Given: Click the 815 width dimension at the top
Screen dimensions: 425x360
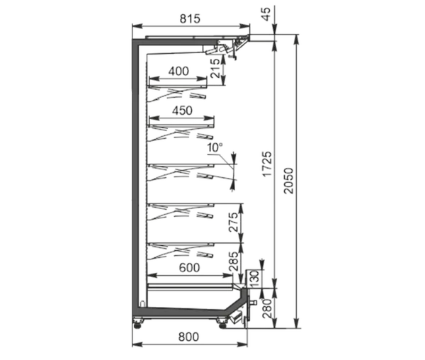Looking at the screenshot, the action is point(190,18).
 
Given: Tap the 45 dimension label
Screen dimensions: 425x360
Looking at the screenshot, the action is point(266,14).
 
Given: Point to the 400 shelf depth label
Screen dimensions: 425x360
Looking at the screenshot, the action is point(178,72).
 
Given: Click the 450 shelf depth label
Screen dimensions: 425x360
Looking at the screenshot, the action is point(183,111).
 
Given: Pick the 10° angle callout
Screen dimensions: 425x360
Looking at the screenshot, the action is point(215,147).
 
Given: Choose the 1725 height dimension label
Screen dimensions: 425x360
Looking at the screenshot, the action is point(267,164).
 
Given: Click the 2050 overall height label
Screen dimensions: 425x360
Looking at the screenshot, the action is point(289,181).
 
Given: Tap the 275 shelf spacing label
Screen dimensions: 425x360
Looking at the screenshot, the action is point(233,223).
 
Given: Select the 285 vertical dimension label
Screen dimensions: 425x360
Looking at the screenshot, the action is point(233,261).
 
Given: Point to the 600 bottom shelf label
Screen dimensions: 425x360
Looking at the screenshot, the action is point(189,268).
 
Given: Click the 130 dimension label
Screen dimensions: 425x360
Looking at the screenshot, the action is point(255,279).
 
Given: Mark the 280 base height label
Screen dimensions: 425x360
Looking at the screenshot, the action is point(267,308).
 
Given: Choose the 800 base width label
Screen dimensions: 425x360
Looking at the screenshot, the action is point(188,337).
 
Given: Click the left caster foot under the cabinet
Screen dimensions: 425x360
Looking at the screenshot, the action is point(139,322).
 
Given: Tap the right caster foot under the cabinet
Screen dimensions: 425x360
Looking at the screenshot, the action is point(222,322).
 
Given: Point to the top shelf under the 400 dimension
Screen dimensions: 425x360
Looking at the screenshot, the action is point(178,86).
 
